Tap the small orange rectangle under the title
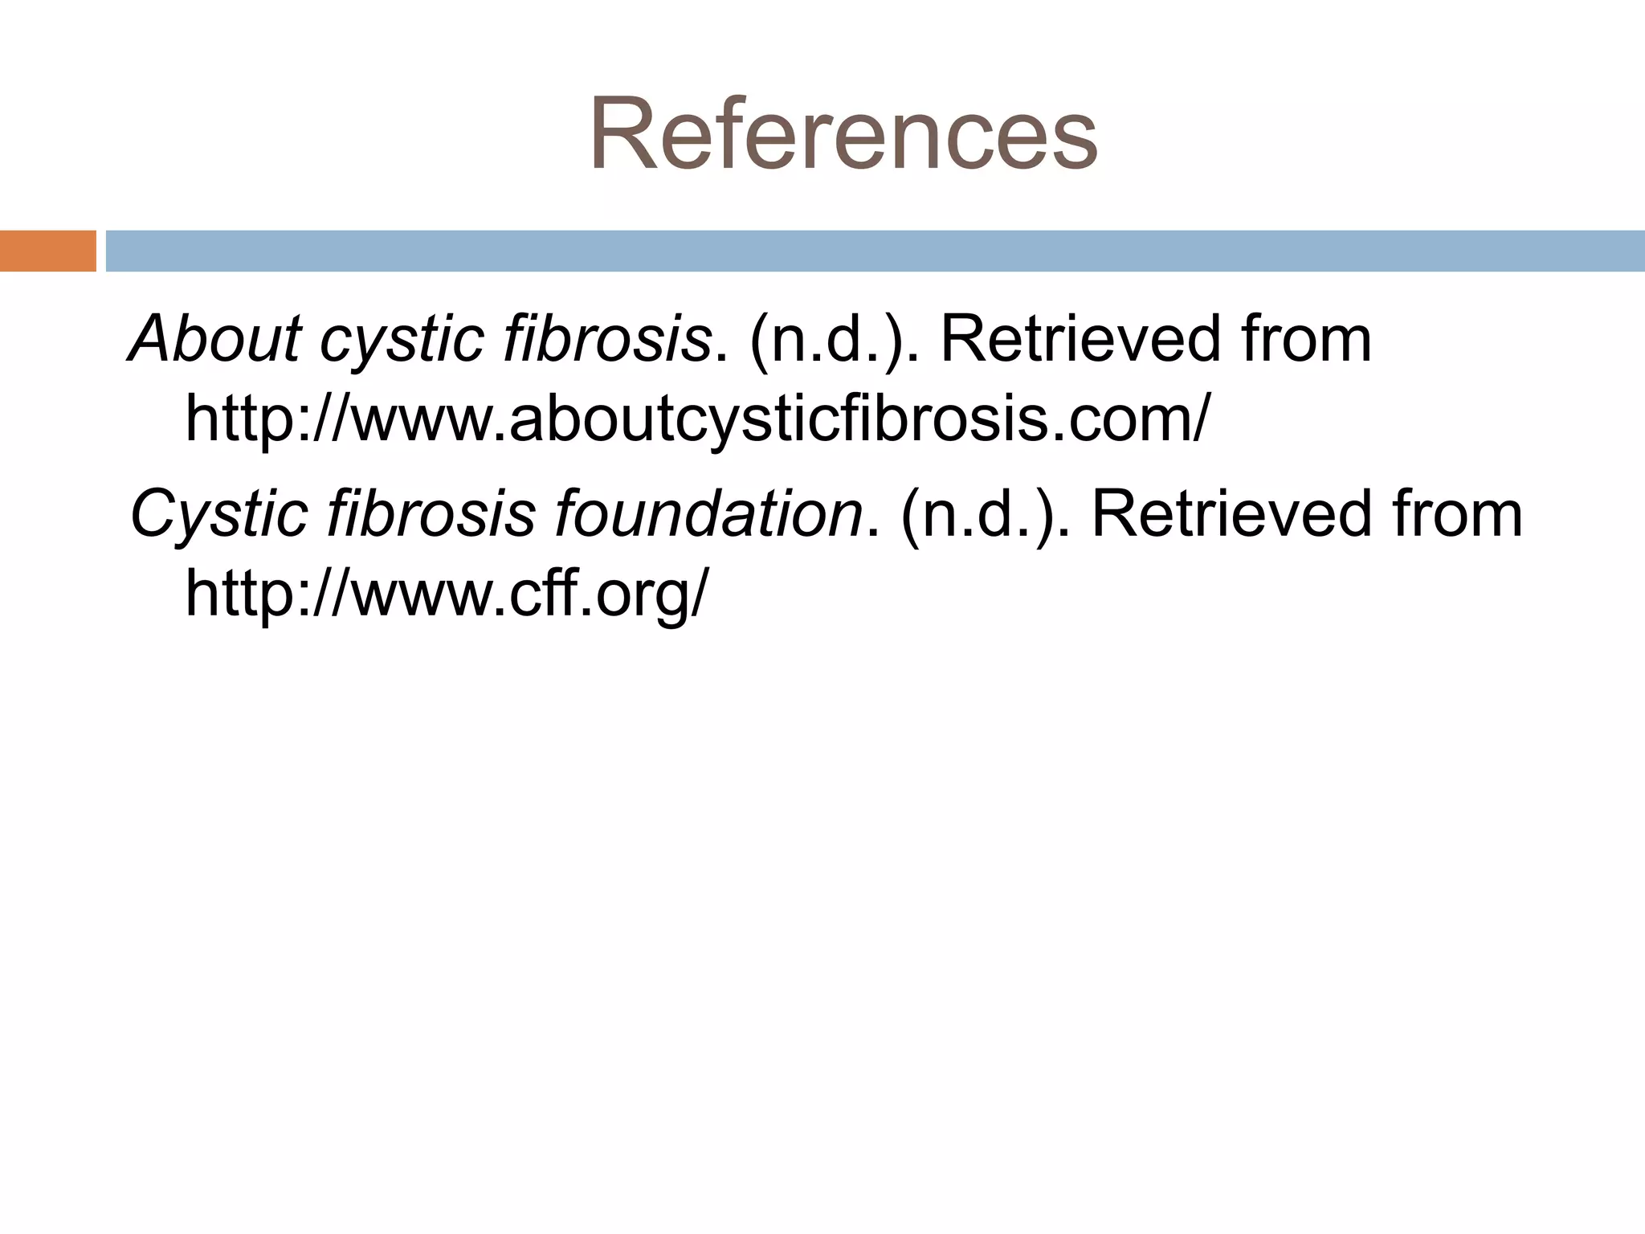pos(47,251)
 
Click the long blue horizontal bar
pos(876,251)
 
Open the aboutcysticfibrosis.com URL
pos(696,419)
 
